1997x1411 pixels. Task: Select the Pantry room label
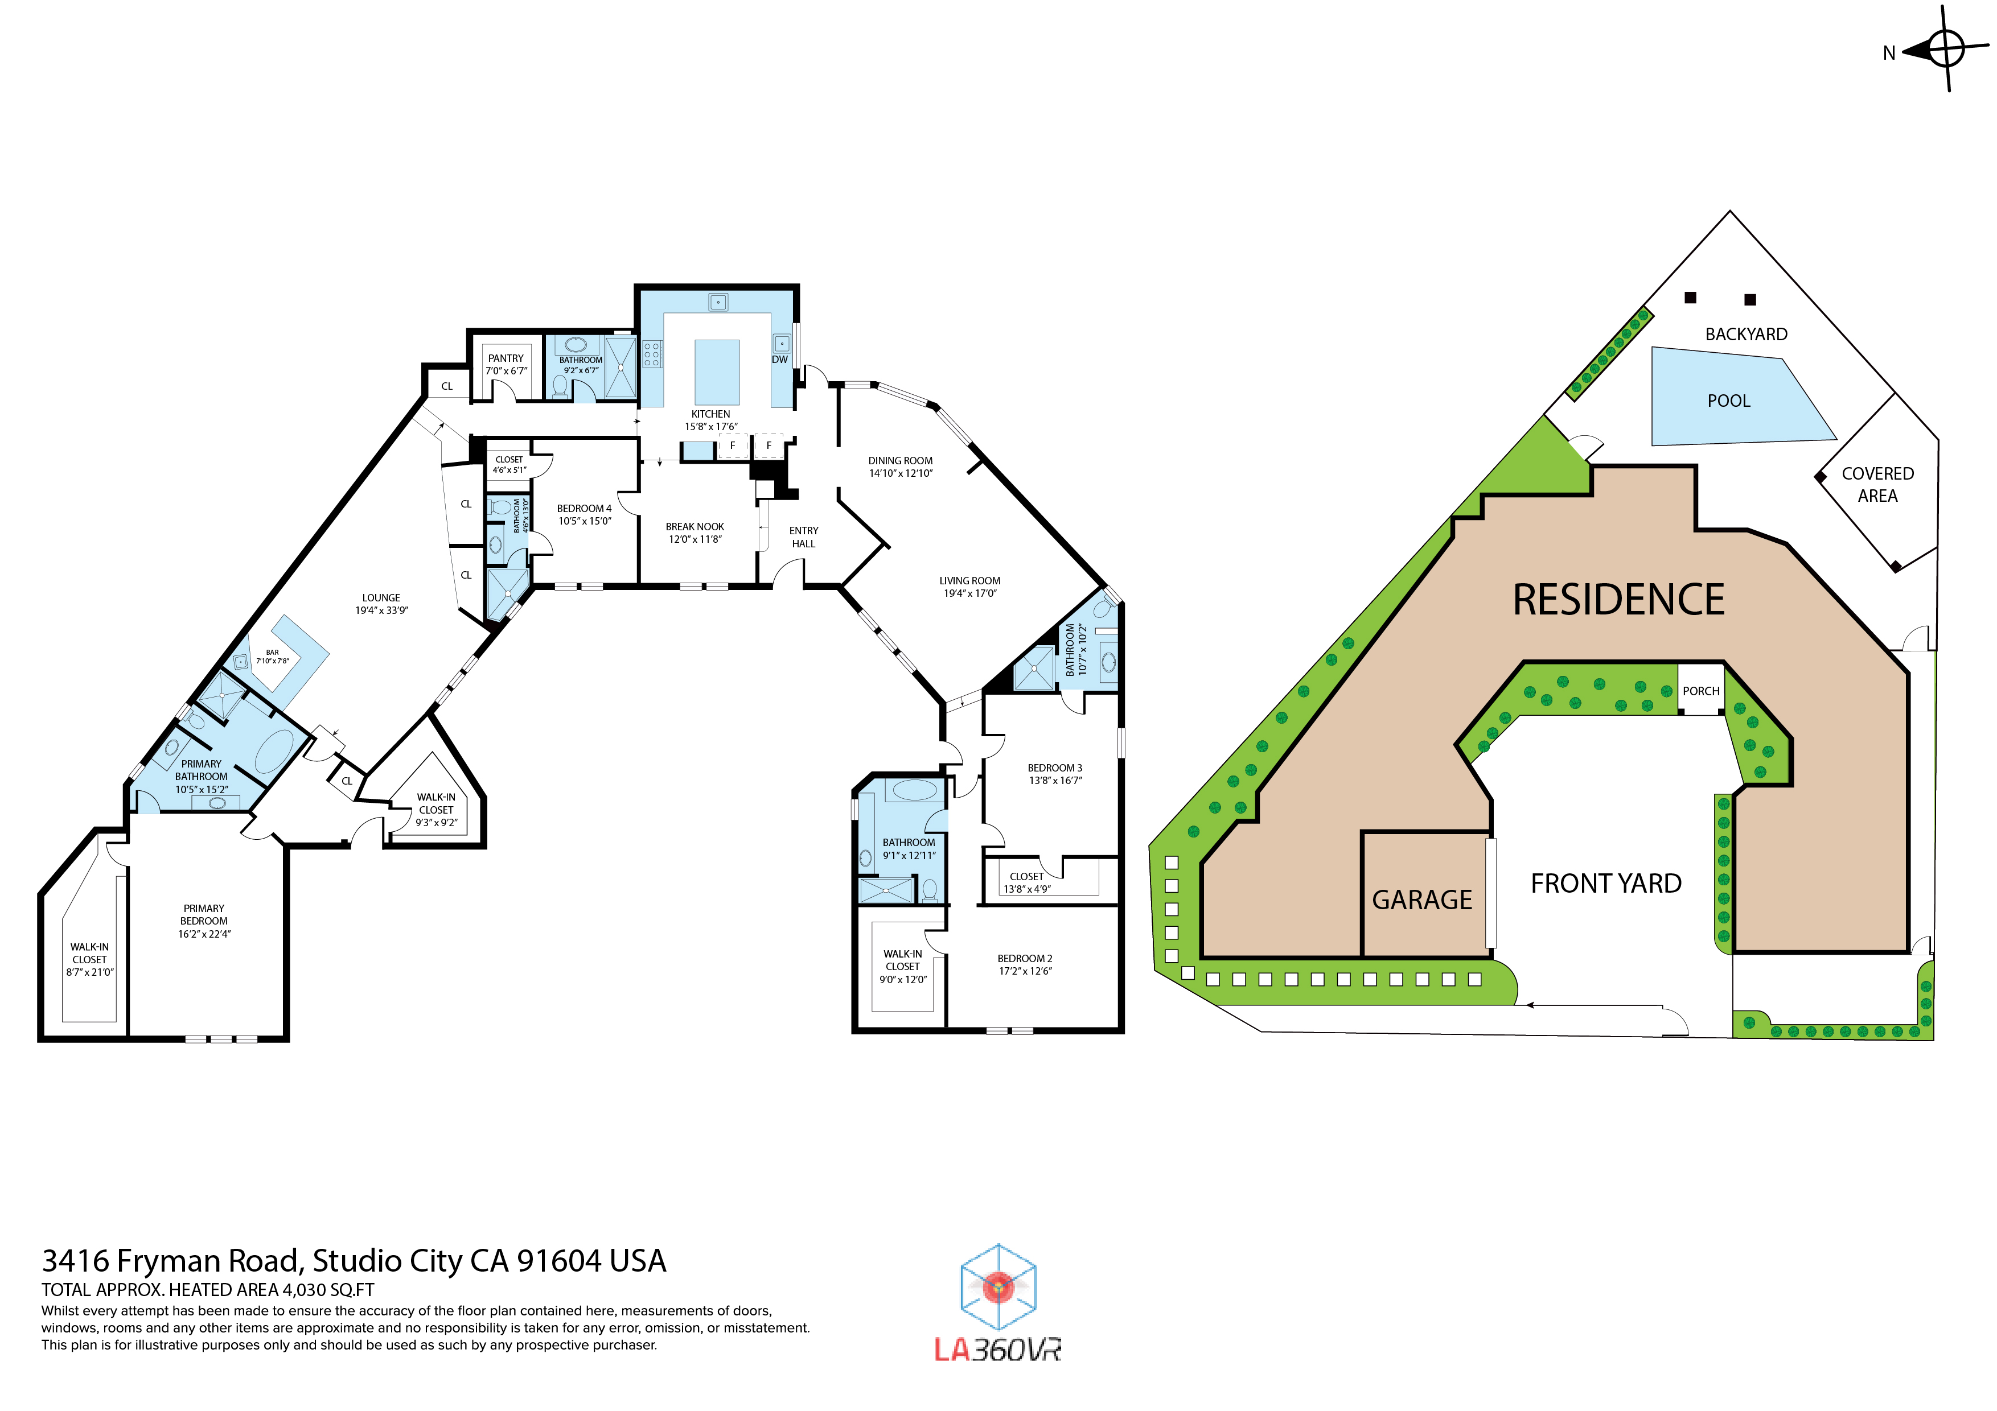click(506, 358)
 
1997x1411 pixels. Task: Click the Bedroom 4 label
click(584, 509)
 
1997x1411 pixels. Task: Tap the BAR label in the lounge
click(272, 652)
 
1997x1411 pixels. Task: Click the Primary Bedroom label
click(204, 914)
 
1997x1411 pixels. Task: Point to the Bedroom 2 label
click(1025, 958)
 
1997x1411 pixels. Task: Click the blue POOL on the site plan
click(1728, 400)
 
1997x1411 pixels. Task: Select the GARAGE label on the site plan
click(1421, 900)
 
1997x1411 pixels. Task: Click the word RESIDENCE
click(1618, 600)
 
